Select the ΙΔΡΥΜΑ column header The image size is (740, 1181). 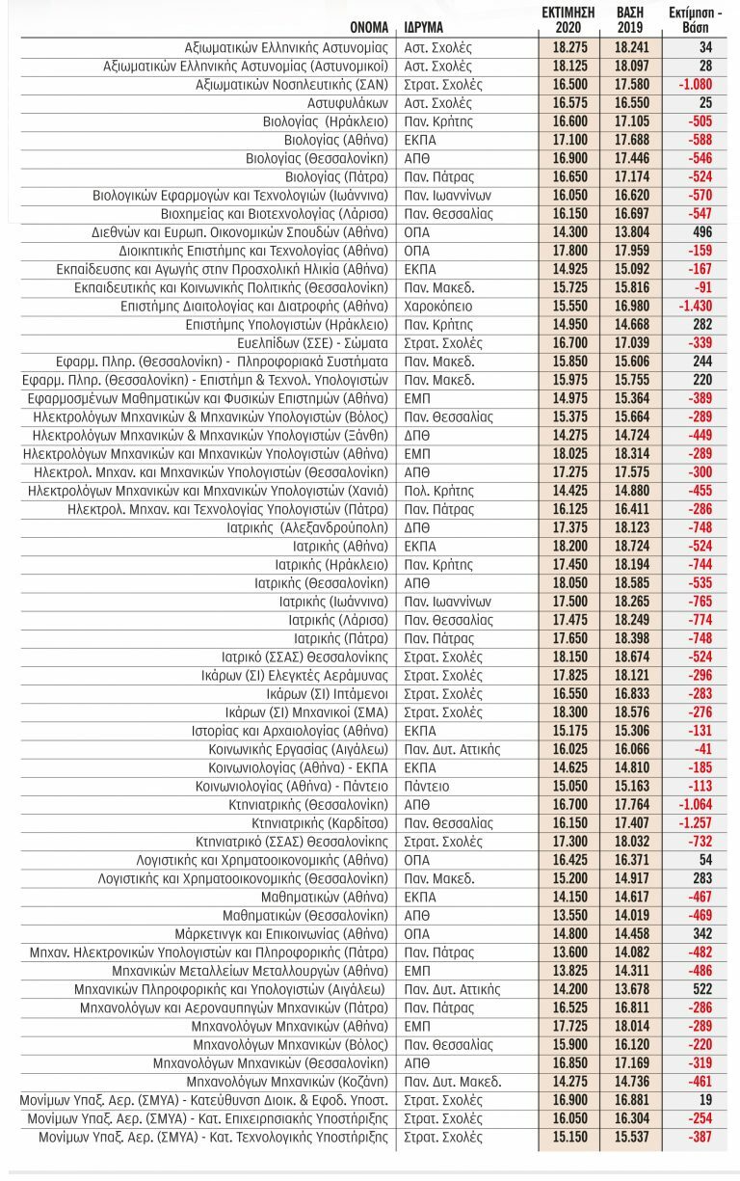[x=424, y=26]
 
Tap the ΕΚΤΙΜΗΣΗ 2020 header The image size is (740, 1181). [x=568, y=18]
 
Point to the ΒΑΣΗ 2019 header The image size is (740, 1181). [x=631, y=18]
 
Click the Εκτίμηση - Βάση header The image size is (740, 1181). [x=693, y=18]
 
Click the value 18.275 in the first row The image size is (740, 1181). [x=568, y=47]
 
